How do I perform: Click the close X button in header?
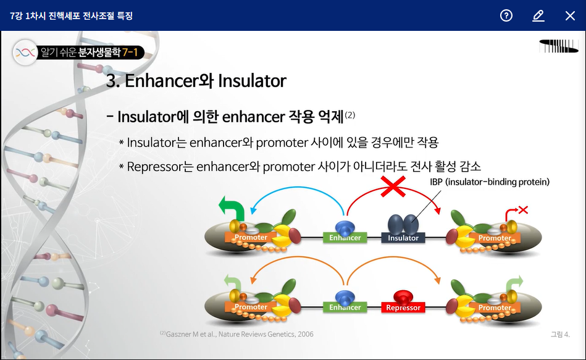(x=570, y=15)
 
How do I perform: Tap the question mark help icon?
(x=506, y=15)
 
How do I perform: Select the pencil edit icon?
(x=538, y=15)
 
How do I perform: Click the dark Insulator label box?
(x=403, y=238)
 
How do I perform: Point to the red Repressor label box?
(x=403, y=308)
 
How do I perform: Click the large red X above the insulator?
(x=393, y=186)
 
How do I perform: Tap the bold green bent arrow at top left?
(x=232, y=209)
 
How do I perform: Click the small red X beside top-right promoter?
(x=523, y=210)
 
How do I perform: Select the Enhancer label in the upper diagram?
(x=345, y=238)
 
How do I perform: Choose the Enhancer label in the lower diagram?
(x=345, y=308)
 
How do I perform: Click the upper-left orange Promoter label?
(x=251, y=237)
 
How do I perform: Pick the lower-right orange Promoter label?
(x=495, y=308)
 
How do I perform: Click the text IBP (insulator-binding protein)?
(x=490, y=182)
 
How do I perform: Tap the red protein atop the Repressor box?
(x=403, y=297)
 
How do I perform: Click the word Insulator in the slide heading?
(x=252, y=81)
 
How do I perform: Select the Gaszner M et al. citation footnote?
(x=236, y=334)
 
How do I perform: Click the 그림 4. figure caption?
(x=560, y=334)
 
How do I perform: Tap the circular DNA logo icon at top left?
(x=25, y=52)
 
